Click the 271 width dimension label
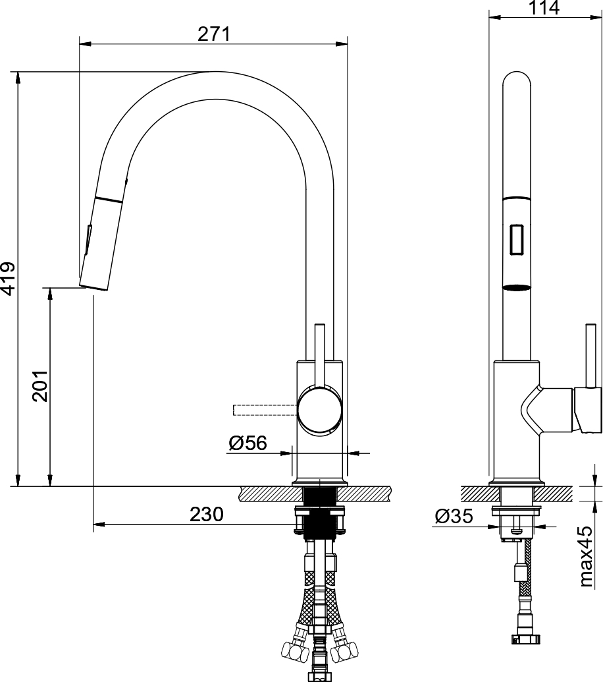coord(214,34)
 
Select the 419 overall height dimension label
coord(9,278)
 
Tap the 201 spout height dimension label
coord(40,386)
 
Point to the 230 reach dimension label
coord(206,514)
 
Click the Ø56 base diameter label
coord(248,443)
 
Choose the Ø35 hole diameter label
coord(454,517)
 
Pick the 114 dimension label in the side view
coord(544,8)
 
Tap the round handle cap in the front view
coord(319,411)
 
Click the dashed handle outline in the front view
coord(265,410)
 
